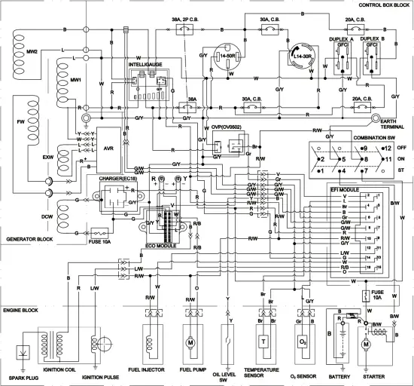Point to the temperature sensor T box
(x=264, y=340)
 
